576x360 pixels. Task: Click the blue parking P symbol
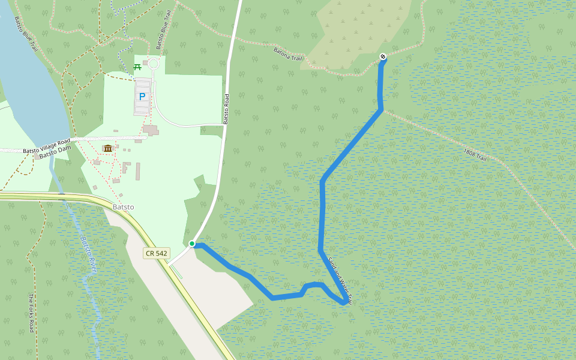click(142, 96)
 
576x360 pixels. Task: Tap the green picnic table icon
click(137, 67)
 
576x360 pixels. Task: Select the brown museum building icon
click(108, 148)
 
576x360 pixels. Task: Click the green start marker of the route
click(192, 244)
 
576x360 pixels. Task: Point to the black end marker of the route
click(383, 56)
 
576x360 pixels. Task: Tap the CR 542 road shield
click(156, 253)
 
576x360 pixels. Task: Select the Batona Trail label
click(289, 56)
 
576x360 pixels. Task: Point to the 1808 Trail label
click(478, 154)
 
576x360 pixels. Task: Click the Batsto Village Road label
click(47, 146)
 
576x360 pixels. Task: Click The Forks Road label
click(31, 313)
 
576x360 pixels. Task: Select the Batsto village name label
click(123, 207)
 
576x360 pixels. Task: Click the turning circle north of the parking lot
click(153, 64)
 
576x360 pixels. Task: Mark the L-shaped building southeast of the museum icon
click(126, 167)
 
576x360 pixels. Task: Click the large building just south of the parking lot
click(151, 130)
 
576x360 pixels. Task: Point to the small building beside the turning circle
click(145, 62)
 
